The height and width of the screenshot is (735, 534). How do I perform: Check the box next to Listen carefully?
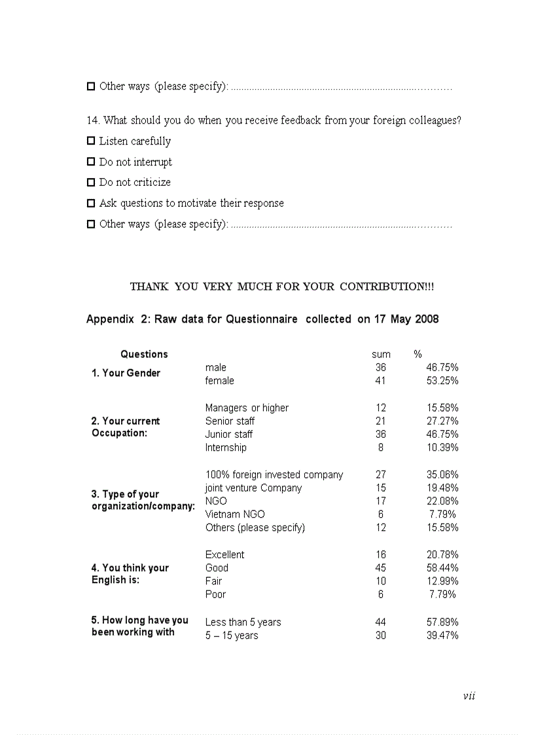click(91, 141)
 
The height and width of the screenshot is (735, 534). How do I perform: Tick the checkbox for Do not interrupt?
click(91, 162)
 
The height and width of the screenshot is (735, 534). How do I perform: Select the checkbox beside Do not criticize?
click(91, 183)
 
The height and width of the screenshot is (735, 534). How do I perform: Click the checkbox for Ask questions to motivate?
click(91, 204)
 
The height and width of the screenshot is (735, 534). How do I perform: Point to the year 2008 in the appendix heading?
click(427, 319)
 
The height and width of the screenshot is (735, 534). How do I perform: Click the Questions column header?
click(144, 354)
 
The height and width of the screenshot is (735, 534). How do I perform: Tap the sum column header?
click(381, 354)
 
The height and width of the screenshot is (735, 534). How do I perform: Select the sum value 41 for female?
click(381, 381)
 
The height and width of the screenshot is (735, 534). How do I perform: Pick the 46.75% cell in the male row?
click(442, 368)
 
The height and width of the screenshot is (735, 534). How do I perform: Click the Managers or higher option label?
click(247, 408)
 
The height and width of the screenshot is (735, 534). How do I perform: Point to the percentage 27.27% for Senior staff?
click(442, 421)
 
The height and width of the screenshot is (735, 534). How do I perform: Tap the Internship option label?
click(226, 448)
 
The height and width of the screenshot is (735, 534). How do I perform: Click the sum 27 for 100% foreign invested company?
click(381, 475)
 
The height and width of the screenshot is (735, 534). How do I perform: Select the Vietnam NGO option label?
click(235, 514)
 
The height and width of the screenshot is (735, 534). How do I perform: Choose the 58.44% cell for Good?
click(442, 568)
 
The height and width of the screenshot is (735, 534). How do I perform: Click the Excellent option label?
click(224, 554)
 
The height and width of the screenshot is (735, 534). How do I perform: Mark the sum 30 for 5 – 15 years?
click(381, 636)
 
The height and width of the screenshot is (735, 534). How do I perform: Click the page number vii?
click(469, 696)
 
